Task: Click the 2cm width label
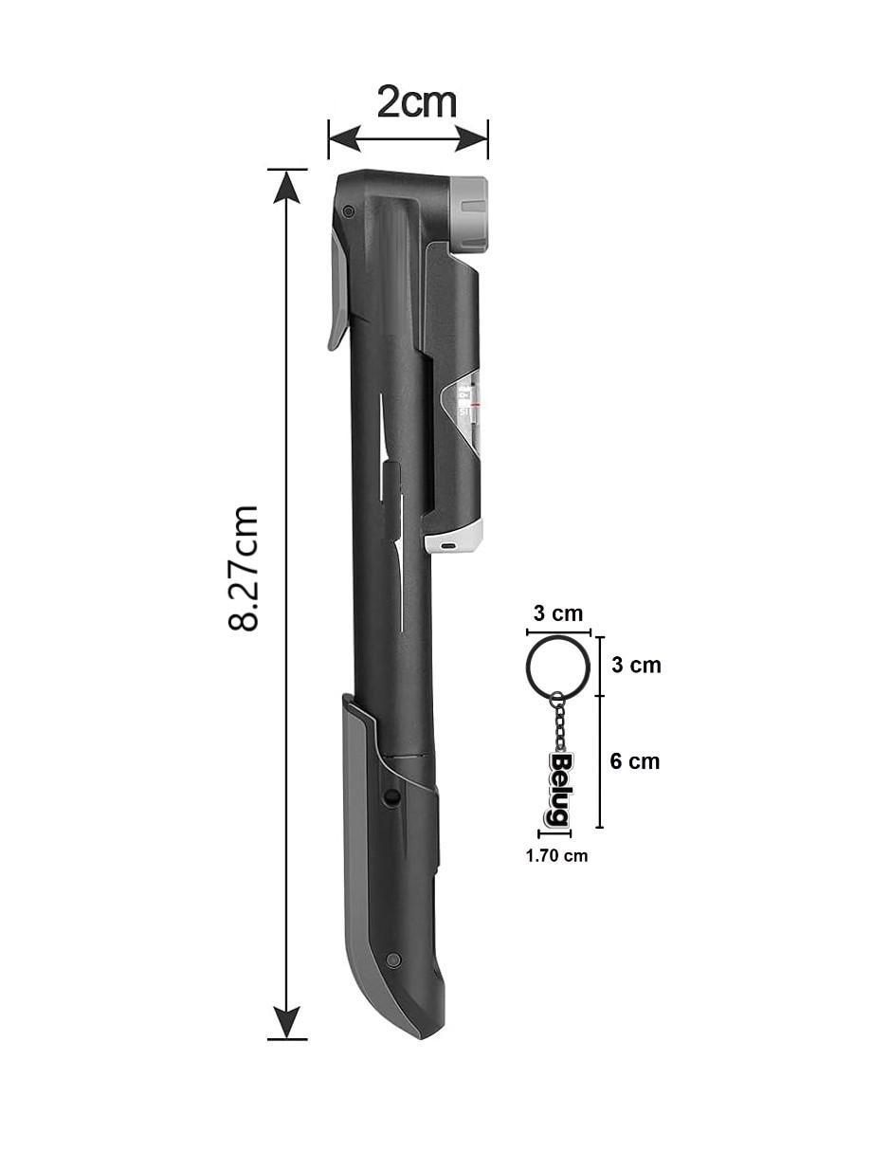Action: click(416, 102)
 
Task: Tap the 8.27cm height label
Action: click(244, 568)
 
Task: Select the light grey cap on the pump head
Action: click(469, 214)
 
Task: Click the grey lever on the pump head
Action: click(337, 291)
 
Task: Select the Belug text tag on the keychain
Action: click(557, 790)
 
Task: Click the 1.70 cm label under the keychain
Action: click(556, 855)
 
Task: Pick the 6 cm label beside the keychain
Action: click(635, 761)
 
